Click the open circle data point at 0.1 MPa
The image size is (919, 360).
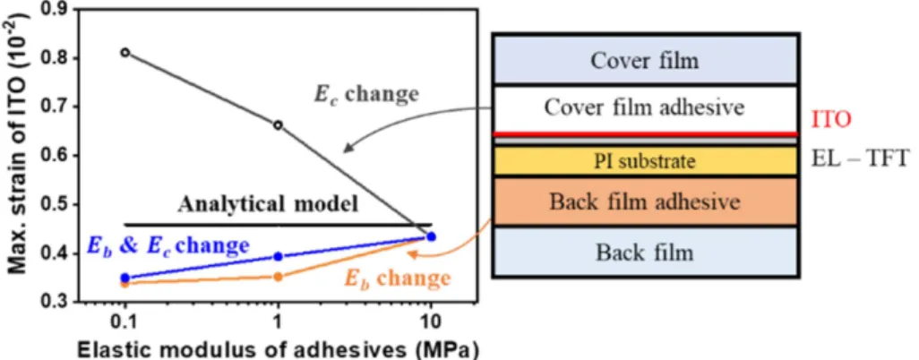(x=125, y=52)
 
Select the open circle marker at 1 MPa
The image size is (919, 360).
(x=278, y=124)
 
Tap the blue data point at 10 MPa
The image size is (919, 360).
(x=432, y=236)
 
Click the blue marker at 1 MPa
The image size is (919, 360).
(x=278, y=256)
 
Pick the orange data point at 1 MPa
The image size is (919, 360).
(x=278, y=277)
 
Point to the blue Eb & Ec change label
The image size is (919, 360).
(x=167, y=245)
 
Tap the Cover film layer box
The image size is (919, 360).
(x=645, y=60)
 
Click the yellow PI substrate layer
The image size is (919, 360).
(x=645, y=161)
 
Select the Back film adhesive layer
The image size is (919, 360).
(x=645, y=201)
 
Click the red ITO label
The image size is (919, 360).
(x=830, y=120)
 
